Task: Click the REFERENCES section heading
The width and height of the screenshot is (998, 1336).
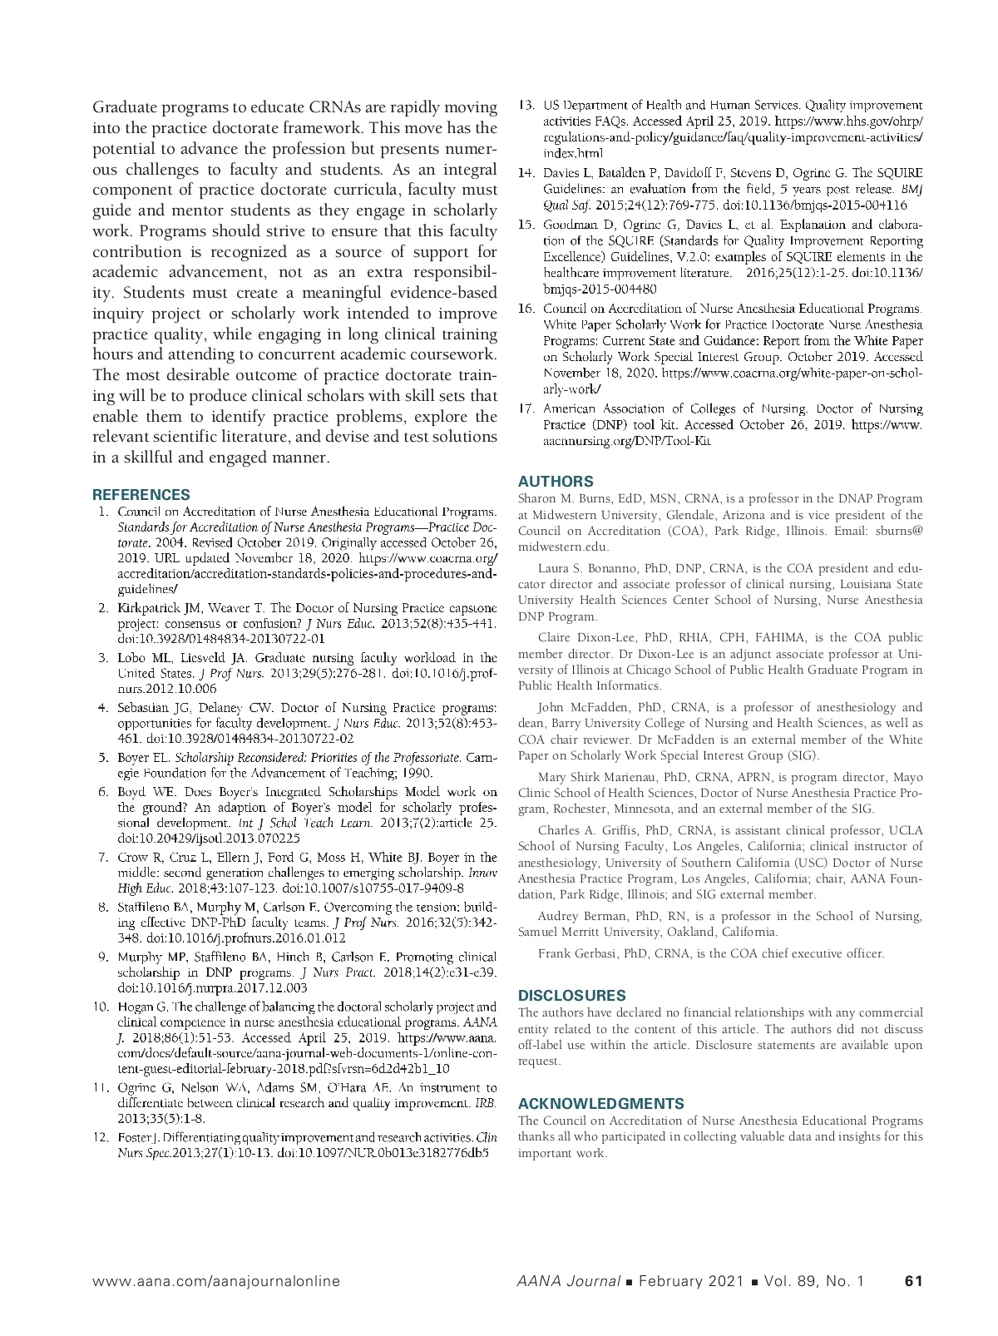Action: click(x=141, y=494)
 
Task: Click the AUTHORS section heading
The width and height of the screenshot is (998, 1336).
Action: click(x=556, y=481)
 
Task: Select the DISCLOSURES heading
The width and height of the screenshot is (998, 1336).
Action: click(x=571, y=995)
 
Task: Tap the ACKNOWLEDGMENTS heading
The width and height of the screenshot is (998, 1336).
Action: click(x=600, y=1103)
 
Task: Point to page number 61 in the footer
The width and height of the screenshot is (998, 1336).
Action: click(x=913, y=1281)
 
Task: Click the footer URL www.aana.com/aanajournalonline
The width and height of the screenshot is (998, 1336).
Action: click(x=215, y=1281)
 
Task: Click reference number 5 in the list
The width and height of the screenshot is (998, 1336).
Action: click(x=104, y=758)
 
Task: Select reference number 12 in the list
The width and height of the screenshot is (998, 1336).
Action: click(x=101, y=1137)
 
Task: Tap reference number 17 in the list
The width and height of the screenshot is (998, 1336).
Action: click(x=526, y=408)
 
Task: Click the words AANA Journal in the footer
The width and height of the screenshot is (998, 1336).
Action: click(x=567, y=1281)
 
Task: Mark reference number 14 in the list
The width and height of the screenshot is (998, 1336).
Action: click(x=526, y=173)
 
